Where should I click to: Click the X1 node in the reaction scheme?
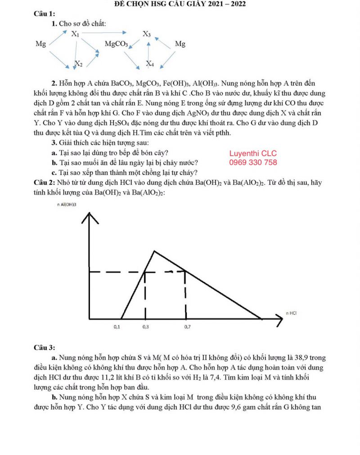76,34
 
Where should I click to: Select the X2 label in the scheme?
78,63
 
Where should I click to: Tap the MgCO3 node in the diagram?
116,44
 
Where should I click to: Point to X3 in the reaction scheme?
147,34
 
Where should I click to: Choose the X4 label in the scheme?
150,64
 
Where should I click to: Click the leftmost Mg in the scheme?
40,44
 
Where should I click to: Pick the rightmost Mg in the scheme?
180,44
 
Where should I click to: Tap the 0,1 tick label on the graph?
117,327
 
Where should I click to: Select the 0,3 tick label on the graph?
145,327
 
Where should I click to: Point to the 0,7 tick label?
187,327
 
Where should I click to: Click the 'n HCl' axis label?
291,312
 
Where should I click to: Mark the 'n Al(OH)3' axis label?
67,205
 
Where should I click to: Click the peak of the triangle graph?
154,251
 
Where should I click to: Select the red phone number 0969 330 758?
253,162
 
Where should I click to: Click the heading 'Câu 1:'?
45,14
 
